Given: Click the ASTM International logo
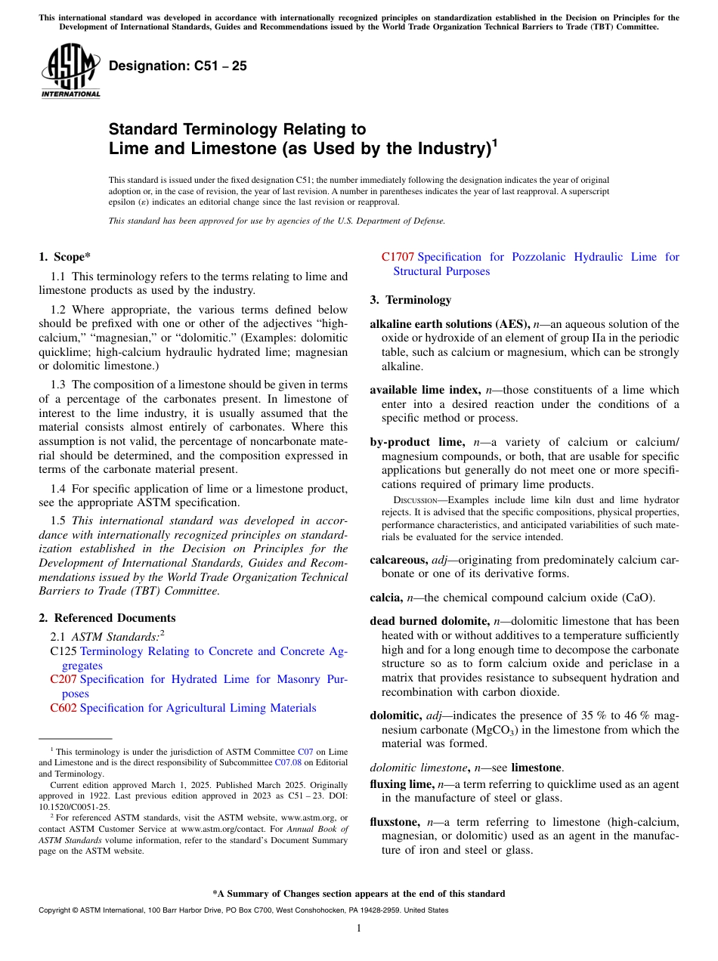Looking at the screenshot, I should (70, 70).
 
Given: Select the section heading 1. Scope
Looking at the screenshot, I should (65, 257).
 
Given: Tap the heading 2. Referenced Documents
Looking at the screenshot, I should (107, 618).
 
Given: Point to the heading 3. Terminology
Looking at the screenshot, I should (410, 300).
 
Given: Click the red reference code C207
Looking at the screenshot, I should (63, 679).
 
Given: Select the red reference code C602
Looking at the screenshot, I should (63, 708).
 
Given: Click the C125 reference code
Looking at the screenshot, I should (63, 651).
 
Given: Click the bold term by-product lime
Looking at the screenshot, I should (416, 442).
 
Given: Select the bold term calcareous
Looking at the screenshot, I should (398, 560).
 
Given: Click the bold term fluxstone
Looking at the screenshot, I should (396, 821).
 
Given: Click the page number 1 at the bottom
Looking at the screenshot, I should (359, 929).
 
